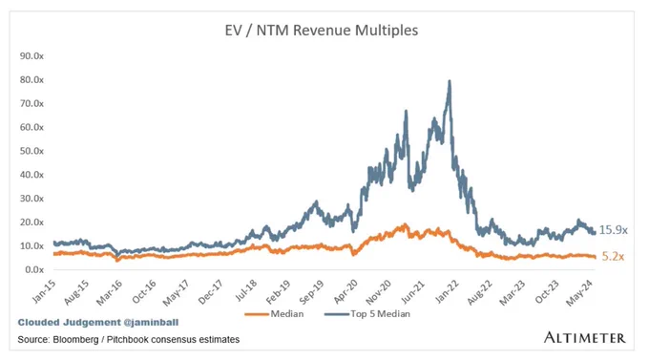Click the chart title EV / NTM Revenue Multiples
pyautogui.click(x=322, y=31)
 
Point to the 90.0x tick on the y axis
pyautogui.click(x=31, y=56)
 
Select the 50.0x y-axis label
pyautogui.click(x=31, y=151)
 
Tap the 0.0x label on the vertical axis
pyautogui.click(x=34, y=269)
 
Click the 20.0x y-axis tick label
pyautogui.click(x=31, y=222)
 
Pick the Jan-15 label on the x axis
pyautogui.click(x=44, y=291)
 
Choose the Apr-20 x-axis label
pyautogui.click(x=345, y=291)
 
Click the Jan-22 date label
pyautogui.click(x=447, y=291)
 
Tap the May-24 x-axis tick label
pyautogui.click(x=579, y=292)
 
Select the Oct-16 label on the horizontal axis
pyautogui.click(x=144, y=291)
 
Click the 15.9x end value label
pyautogui.click(x=614, y=230)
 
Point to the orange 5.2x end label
pyautogui.click(x=613, y=257)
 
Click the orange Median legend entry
pyautogui.click(x=274, y=314)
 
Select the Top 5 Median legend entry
pyautogui.click(x=367, y=314)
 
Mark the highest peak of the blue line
pyautogui.click(x=450, y=81)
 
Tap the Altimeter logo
pyautogui.click(x=584, y=337)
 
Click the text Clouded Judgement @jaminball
pyautogui.click(x=98, y=323)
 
